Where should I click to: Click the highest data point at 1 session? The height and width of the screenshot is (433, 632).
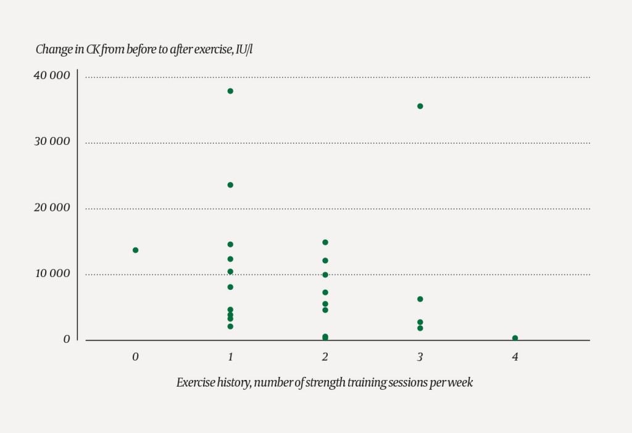(230, 91)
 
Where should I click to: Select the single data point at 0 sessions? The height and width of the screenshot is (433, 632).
(135, 250)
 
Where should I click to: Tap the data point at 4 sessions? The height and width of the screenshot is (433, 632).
(515, 338)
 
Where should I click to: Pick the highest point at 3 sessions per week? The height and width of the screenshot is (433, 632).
(420, 106)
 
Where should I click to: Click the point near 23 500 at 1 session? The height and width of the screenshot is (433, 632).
(230, 184)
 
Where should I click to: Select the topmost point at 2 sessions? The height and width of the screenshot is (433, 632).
(325, 242)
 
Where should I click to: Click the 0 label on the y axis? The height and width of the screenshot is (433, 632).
(66, 339)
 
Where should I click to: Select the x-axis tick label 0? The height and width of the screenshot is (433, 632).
(135, 357)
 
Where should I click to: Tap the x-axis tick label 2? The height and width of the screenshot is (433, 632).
(325, 357)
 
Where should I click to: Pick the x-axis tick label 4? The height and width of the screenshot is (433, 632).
(515, 357)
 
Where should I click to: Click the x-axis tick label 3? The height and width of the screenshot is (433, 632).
(420, 357)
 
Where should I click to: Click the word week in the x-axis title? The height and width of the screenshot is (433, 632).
(461, 382)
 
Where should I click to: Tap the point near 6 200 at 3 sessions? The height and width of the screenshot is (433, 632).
(420, 299)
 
